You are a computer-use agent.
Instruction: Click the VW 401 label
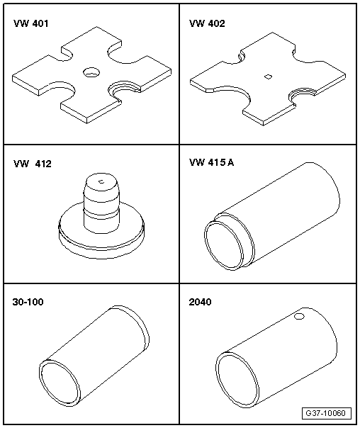coord(31,23)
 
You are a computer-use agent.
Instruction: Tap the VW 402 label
coord(207,23)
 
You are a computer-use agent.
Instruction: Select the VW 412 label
coord(33,164)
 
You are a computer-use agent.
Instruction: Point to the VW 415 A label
coord(211,163)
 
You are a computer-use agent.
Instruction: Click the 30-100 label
coord(28,302)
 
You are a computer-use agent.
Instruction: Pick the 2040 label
coord(200,302)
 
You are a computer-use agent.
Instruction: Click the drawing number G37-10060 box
coord(327,413)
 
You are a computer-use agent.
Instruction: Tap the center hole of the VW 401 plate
coord(91,72)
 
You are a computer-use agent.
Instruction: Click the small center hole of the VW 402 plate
coord(269,77)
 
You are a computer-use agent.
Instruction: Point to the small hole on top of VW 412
coord(101,181)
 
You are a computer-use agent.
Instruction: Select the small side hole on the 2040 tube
coord(299,316)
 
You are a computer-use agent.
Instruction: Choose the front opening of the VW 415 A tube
coord(224,245)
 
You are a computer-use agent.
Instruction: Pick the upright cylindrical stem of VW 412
coord(101,203)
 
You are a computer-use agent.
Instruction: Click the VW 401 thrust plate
coord(91,75)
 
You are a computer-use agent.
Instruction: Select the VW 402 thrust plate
coord(268,79)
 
